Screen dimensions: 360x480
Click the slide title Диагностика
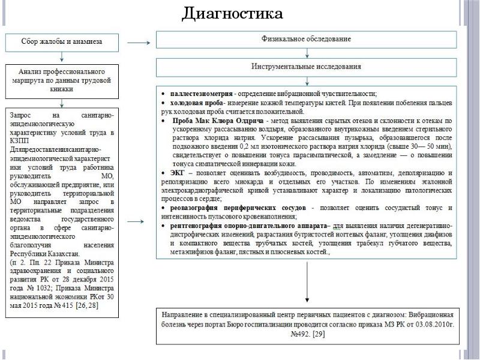pyautogui.click(x=232, y=13)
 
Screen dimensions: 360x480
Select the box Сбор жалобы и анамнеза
pyautogui.click(x=62, y=42)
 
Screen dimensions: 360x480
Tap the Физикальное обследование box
pyautogui.click(x=307, y=39)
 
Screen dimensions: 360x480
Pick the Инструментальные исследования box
pyautogui.click(x=307, y=66)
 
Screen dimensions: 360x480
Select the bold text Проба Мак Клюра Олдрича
pyautogui.click(x=211, y=121)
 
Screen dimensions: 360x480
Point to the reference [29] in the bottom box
pyautogui.click(x=319, y=334)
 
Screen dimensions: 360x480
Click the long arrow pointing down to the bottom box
pyautogui.click(x=307, y=282)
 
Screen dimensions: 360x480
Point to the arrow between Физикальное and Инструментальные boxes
pyautogui.click(x=307, y=53)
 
